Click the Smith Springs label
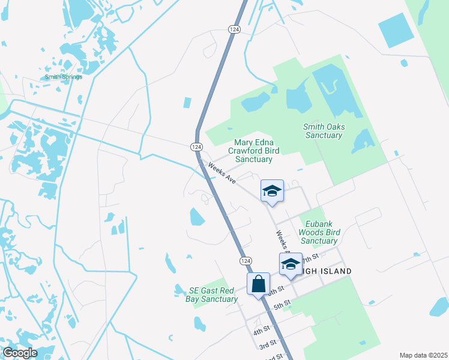(x=63, y=77)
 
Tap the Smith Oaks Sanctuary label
(x=322, y=131)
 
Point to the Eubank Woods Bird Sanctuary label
(x=319, y=232)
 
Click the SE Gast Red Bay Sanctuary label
(x=211, y=295)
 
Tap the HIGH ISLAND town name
(x=328, y=271)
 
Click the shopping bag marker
(x=258, y=284)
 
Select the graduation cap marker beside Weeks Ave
(x=272, y=191)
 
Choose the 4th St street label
(x=261, y=330)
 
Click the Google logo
(x=19, y=353)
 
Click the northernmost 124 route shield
(x=234, y=29)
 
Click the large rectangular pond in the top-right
(x=397, y=30)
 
